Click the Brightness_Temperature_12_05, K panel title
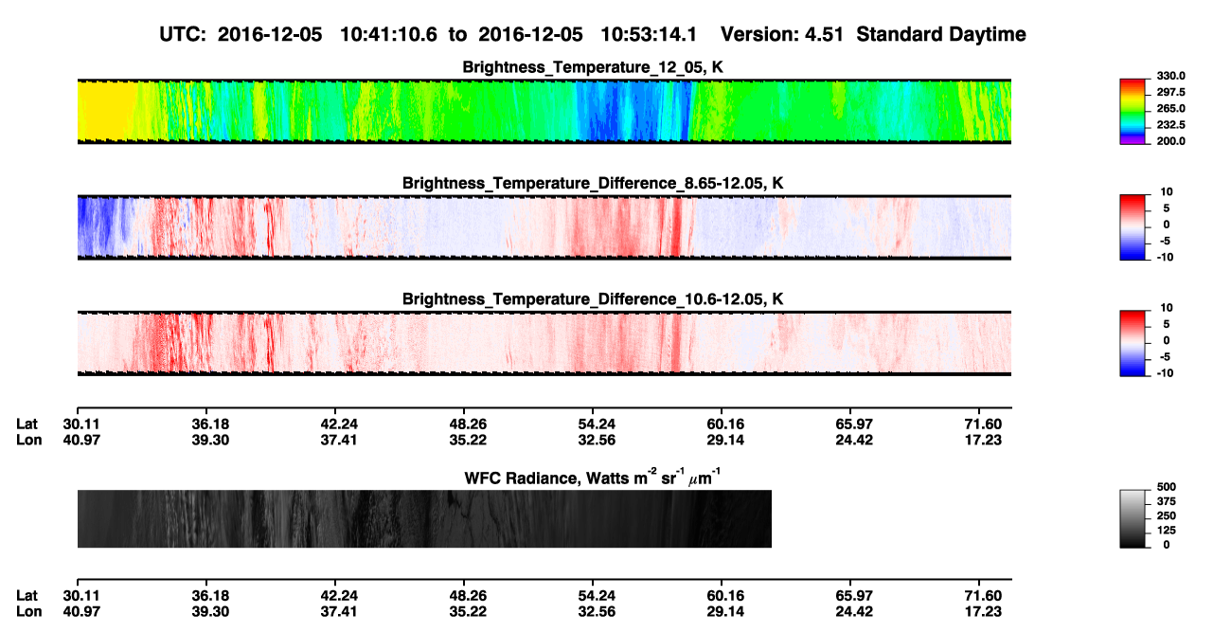click(x=593, y=67)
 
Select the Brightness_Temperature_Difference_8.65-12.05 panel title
click(x=593, y=183)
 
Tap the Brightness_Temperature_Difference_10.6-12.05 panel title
click(x=593, y=299)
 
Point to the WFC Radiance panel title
click(x=593, y=478)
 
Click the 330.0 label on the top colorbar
click(x=1171, y=76)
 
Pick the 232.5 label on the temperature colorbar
click(x=1171, y=125)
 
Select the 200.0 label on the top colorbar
click(x=1171, y=141)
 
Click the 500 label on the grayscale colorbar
click(x=1167, y=487)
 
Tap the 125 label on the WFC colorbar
click(x=1167, y=531)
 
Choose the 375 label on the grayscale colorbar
click(x=1167, y=501)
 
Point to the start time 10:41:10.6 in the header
click(x=388, y=34)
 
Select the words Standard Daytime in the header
click(x=941, y=35)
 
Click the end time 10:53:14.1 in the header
click(x=649, y=34)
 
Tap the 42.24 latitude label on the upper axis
click(x=339, y=424)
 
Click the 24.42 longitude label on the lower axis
click(x=854, y=612)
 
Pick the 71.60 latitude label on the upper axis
click(x=983, y=424)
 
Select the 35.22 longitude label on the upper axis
click(x=468, y=440)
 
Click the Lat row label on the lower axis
click(x=27, y=596)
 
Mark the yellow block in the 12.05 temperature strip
click(x=107, y=111)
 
